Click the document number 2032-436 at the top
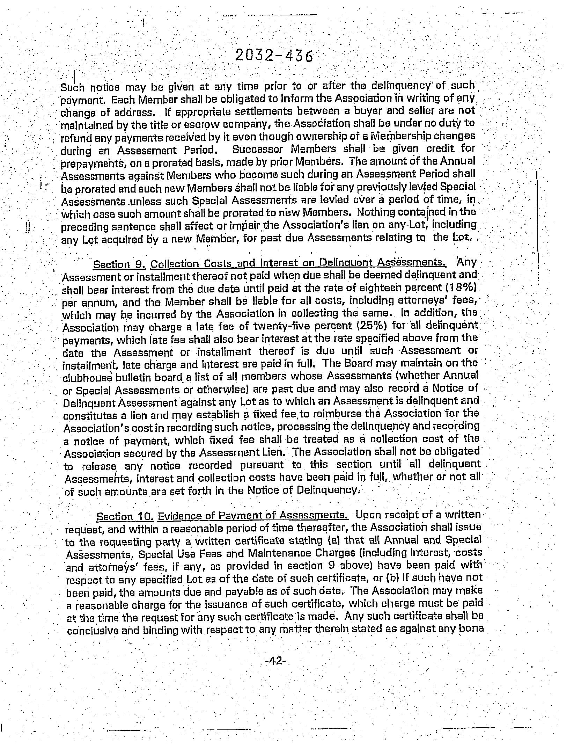pos(274,55)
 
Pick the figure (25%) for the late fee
pos(372,326)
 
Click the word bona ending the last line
pos(471,628)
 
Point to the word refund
pos(72,138)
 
